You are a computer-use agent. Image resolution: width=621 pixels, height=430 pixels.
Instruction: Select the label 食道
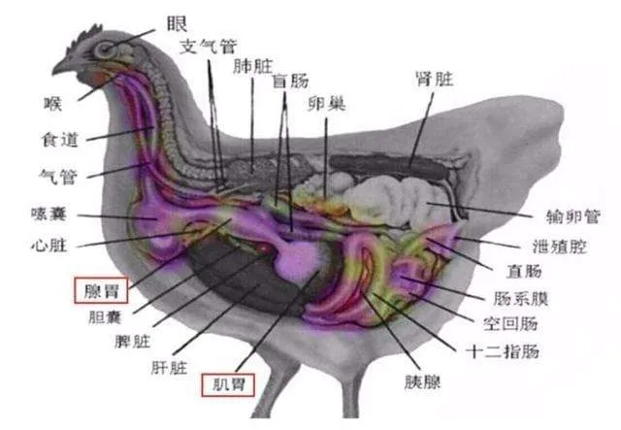60,140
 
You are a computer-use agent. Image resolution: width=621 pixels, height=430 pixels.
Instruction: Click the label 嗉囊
49,213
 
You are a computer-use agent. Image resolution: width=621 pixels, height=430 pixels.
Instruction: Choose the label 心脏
49,243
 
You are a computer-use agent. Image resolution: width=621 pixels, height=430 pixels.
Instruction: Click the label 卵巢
326,103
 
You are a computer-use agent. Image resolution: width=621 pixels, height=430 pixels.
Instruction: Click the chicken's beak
61,66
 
